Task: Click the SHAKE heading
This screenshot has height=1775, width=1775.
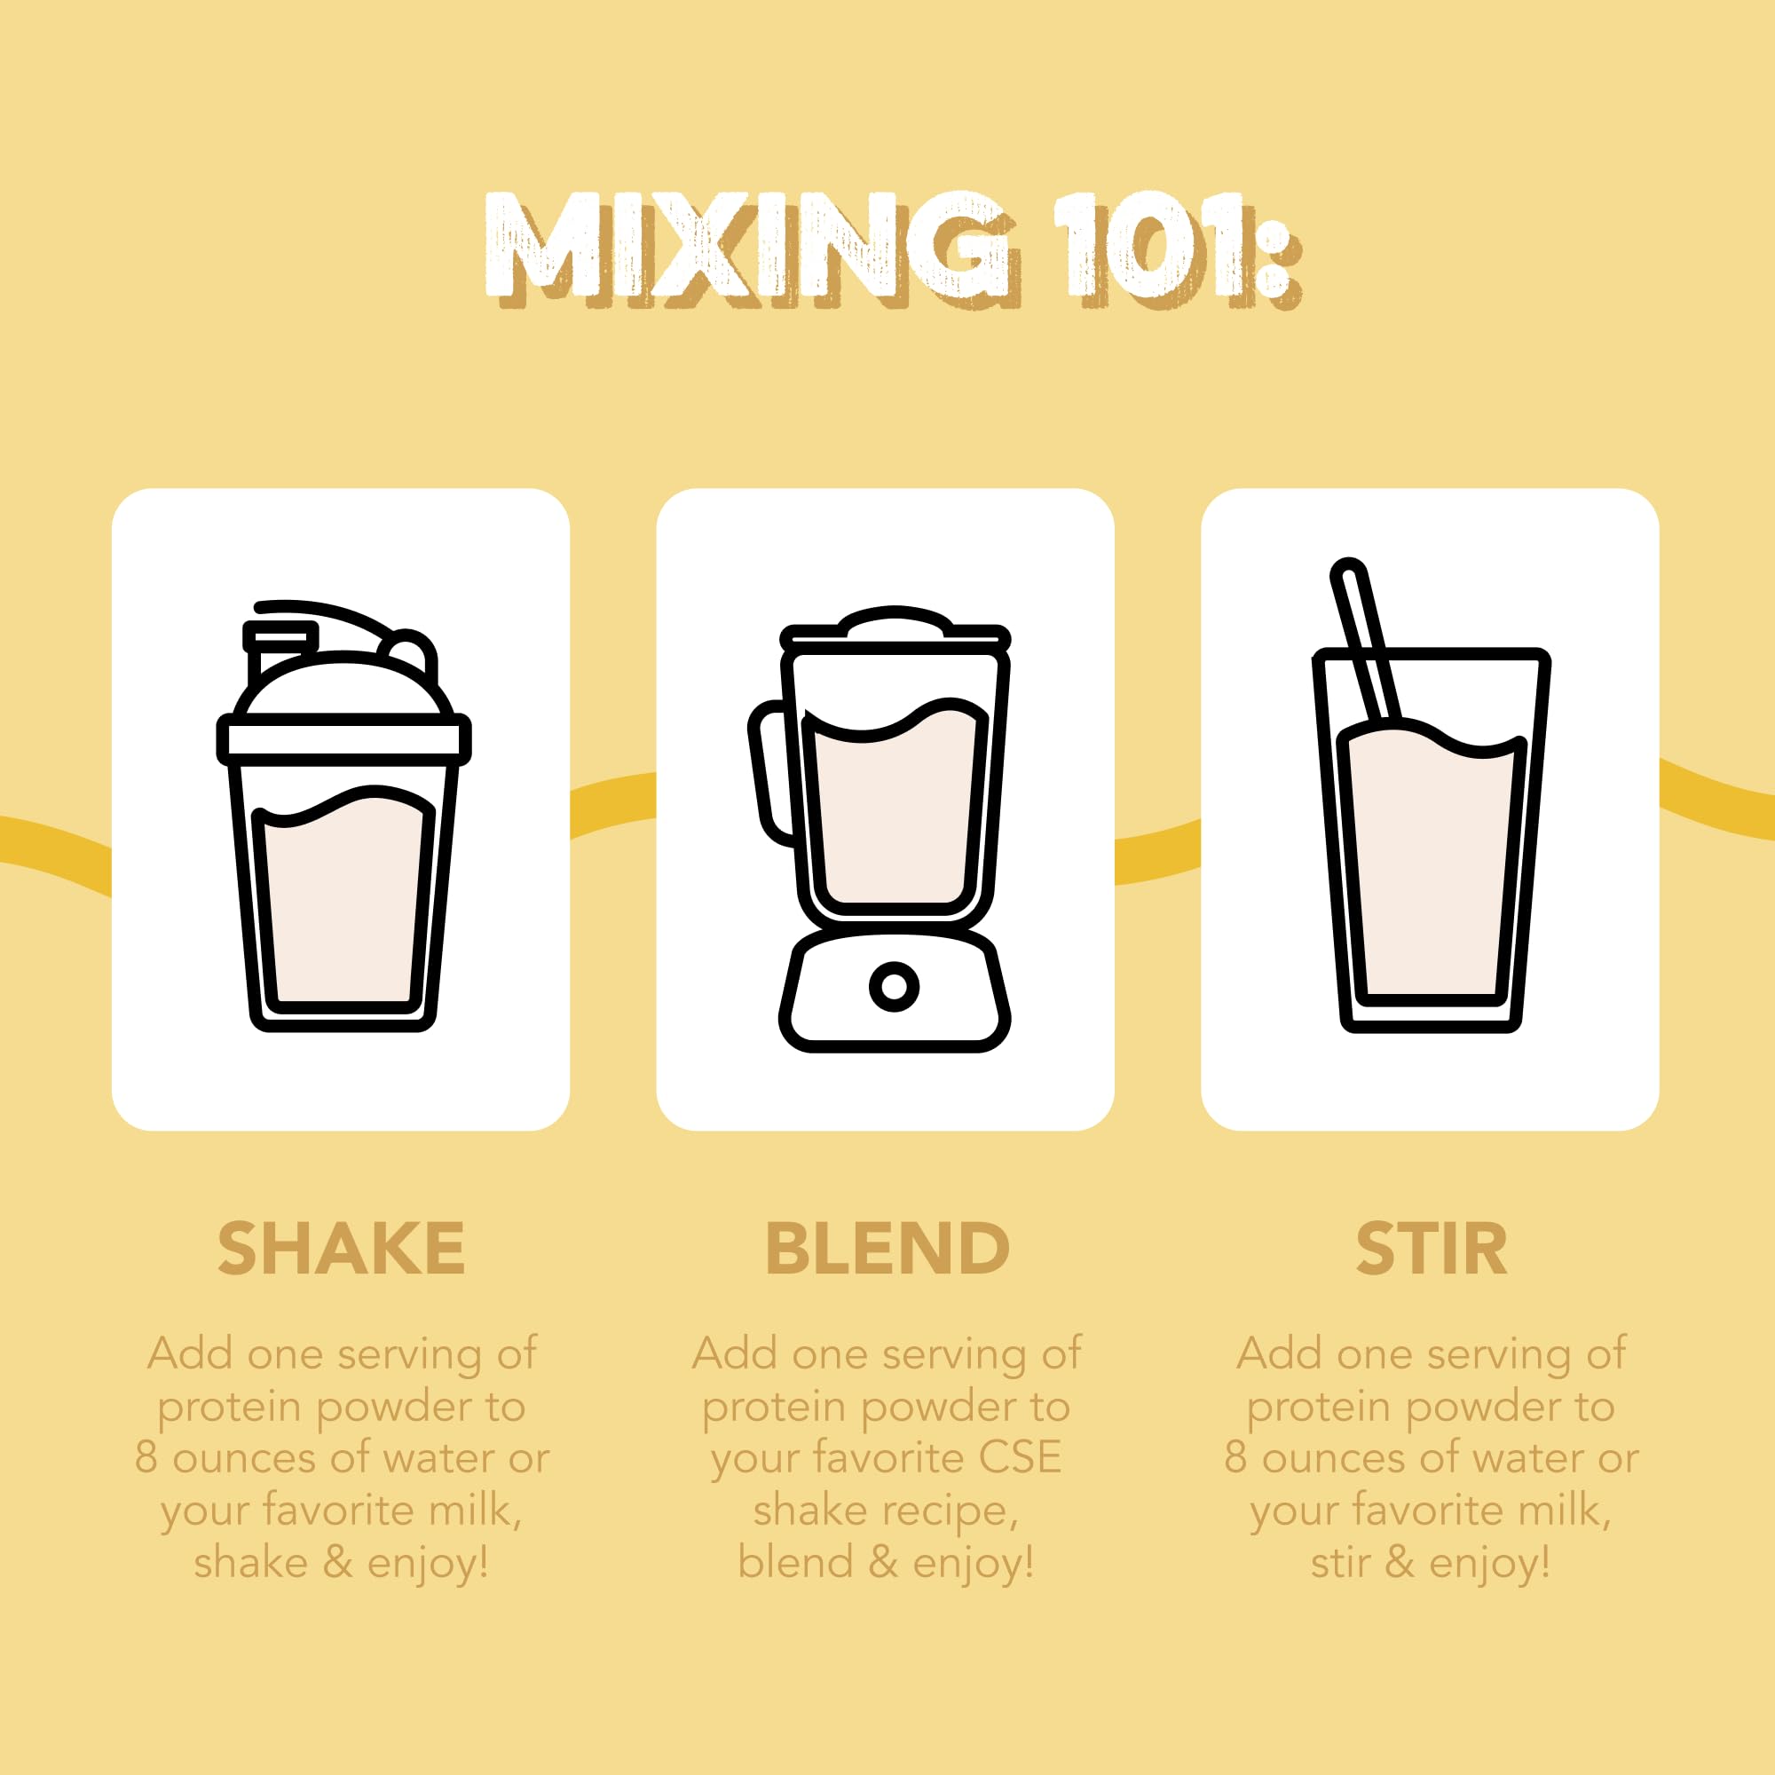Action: (341, 1249)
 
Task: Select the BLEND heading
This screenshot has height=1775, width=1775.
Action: (887, 1249)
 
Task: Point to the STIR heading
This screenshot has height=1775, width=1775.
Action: (1432, 1249)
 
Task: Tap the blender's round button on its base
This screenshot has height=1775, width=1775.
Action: (894, 987)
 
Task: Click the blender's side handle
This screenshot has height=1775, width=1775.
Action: (769, 772)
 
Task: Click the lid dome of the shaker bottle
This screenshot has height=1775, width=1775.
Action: (343, 684)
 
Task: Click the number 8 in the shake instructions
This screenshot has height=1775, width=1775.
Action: (146, 1458)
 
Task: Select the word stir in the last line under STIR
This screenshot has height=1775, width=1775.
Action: (1339, 1563)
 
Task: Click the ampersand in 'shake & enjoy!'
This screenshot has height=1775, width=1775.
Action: (337, 1563)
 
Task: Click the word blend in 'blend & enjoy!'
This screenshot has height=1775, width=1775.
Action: (795, 1563)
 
